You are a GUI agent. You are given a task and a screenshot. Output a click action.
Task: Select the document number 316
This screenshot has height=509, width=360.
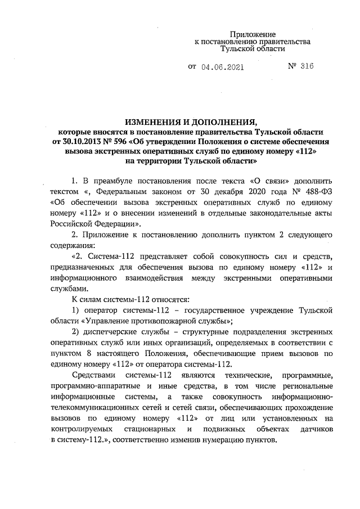[306, 66]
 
